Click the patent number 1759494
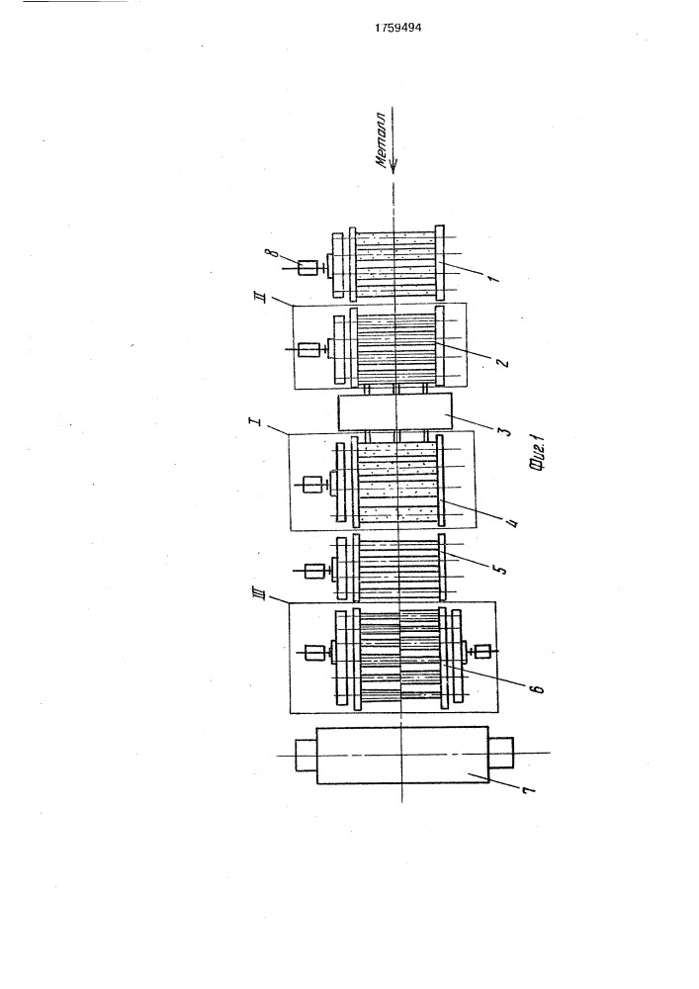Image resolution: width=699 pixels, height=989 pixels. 397,28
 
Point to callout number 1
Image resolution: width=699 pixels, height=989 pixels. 493,276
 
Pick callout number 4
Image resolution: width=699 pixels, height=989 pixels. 512,520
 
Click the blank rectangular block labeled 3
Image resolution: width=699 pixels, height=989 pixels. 395,412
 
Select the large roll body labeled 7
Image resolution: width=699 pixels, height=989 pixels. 402,755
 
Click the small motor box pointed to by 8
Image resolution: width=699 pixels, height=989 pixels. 308,269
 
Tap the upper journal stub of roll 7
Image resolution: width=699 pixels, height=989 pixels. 306,755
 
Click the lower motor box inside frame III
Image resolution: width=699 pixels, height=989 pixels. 482,652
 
